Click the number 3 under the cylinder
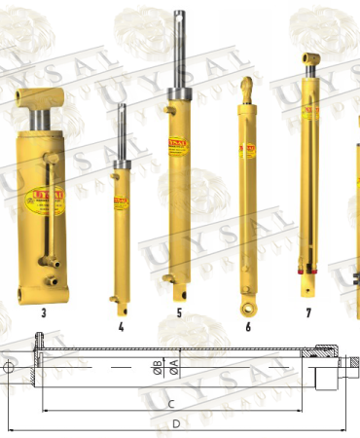[44, 313]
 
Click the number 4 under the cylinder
[121, 327]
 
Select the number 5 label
[179, 314]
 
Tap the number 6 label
[248, 327]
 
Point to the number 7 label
[308, 313]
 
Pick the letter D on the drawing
[175, 424]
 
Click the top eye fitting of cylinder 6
[248, 88]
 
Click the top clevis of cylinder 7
[310, 62]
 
